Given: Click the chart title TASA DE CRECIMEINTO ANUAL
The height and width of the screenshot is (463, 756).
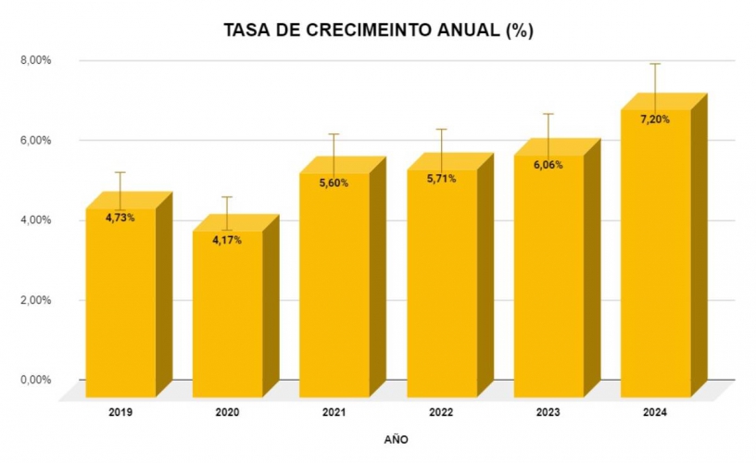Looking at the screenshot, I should pyautogui.click(x=378, y=31).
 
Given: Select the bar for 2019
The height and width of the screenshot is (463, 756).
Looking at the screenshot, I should pyautogui.click(x=120, y=306).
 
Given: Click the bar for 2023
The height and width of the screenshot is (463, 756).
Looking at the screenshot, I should pyautogui.click(x=548, y=278).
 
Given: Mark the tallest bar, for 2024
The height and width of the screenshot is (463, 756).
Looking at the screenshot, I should pyautogui.click(x=655, y=259).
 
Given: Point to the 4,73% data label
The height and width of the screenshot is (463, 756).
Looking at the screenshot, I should pyautogui.click(x=120, y=219).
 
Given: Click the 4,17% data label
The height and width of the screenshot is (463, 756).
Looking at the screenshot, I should pyautogui.click(x=227, y=241).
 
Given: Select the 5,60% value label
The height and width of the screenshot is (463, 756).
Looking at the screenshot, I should pyautogui.click(x=334, y=183).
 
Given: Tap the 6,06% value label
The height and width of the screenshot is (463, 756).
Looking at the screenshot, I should pyautogui.click(x=548, y=165).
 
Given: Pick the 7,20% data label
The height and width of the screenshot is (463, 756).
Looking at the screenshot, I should pyautogui.click(x=655, y=119).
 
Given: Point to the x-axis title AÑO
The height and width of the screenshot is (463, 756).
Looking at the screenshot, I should pyautogui.click(x=396, y=439).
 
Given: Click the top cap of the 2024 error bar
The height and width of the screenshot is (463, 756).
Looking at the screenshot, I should pyautogui.click(x=655, y=64).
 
